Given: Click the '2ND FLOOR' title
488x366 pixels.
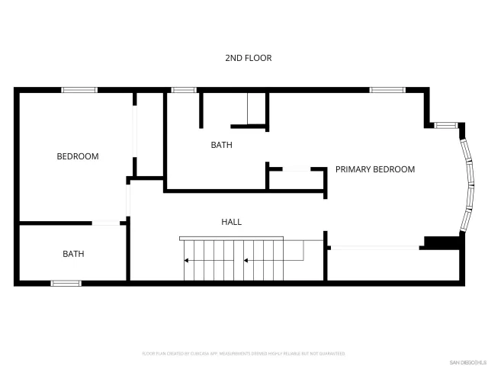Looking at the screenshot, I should pos(249,58).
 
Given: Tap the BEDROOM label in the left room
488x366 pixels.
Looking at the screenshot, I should pos(78,156).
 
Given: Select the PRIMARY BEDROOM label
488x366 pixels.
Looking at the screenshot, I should pos(375,169).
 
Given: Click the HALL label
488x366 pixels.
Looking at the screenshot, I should pos(231,222).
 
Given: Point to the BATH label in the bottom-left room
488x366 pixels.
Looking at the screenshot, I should pos(73,254).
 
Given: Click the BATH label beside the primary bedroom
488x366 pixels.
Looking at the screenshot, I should pos(221,145).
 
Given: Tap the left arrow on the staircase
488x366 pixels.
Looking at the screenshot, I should pos(188,261).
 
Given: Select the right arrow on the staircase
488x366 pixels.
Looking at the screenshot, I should pos(246,261).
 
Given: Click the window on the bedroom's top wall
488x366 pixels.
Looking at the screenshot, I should pos(79,90).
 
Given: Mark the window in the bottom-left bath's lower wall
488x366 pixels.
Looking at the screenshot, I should pos(66,284).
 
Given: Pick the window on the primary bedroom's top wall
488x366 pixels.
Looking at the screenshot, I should pos(387,90).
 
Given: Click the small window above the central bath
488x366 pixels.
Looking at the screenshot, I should pos(184,90).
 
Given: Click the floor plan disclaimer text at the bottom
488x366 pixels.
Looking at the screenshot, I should pos(244,354).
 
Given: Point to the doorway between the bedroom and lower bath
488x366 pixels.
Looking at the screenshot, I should pos(109,223).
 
